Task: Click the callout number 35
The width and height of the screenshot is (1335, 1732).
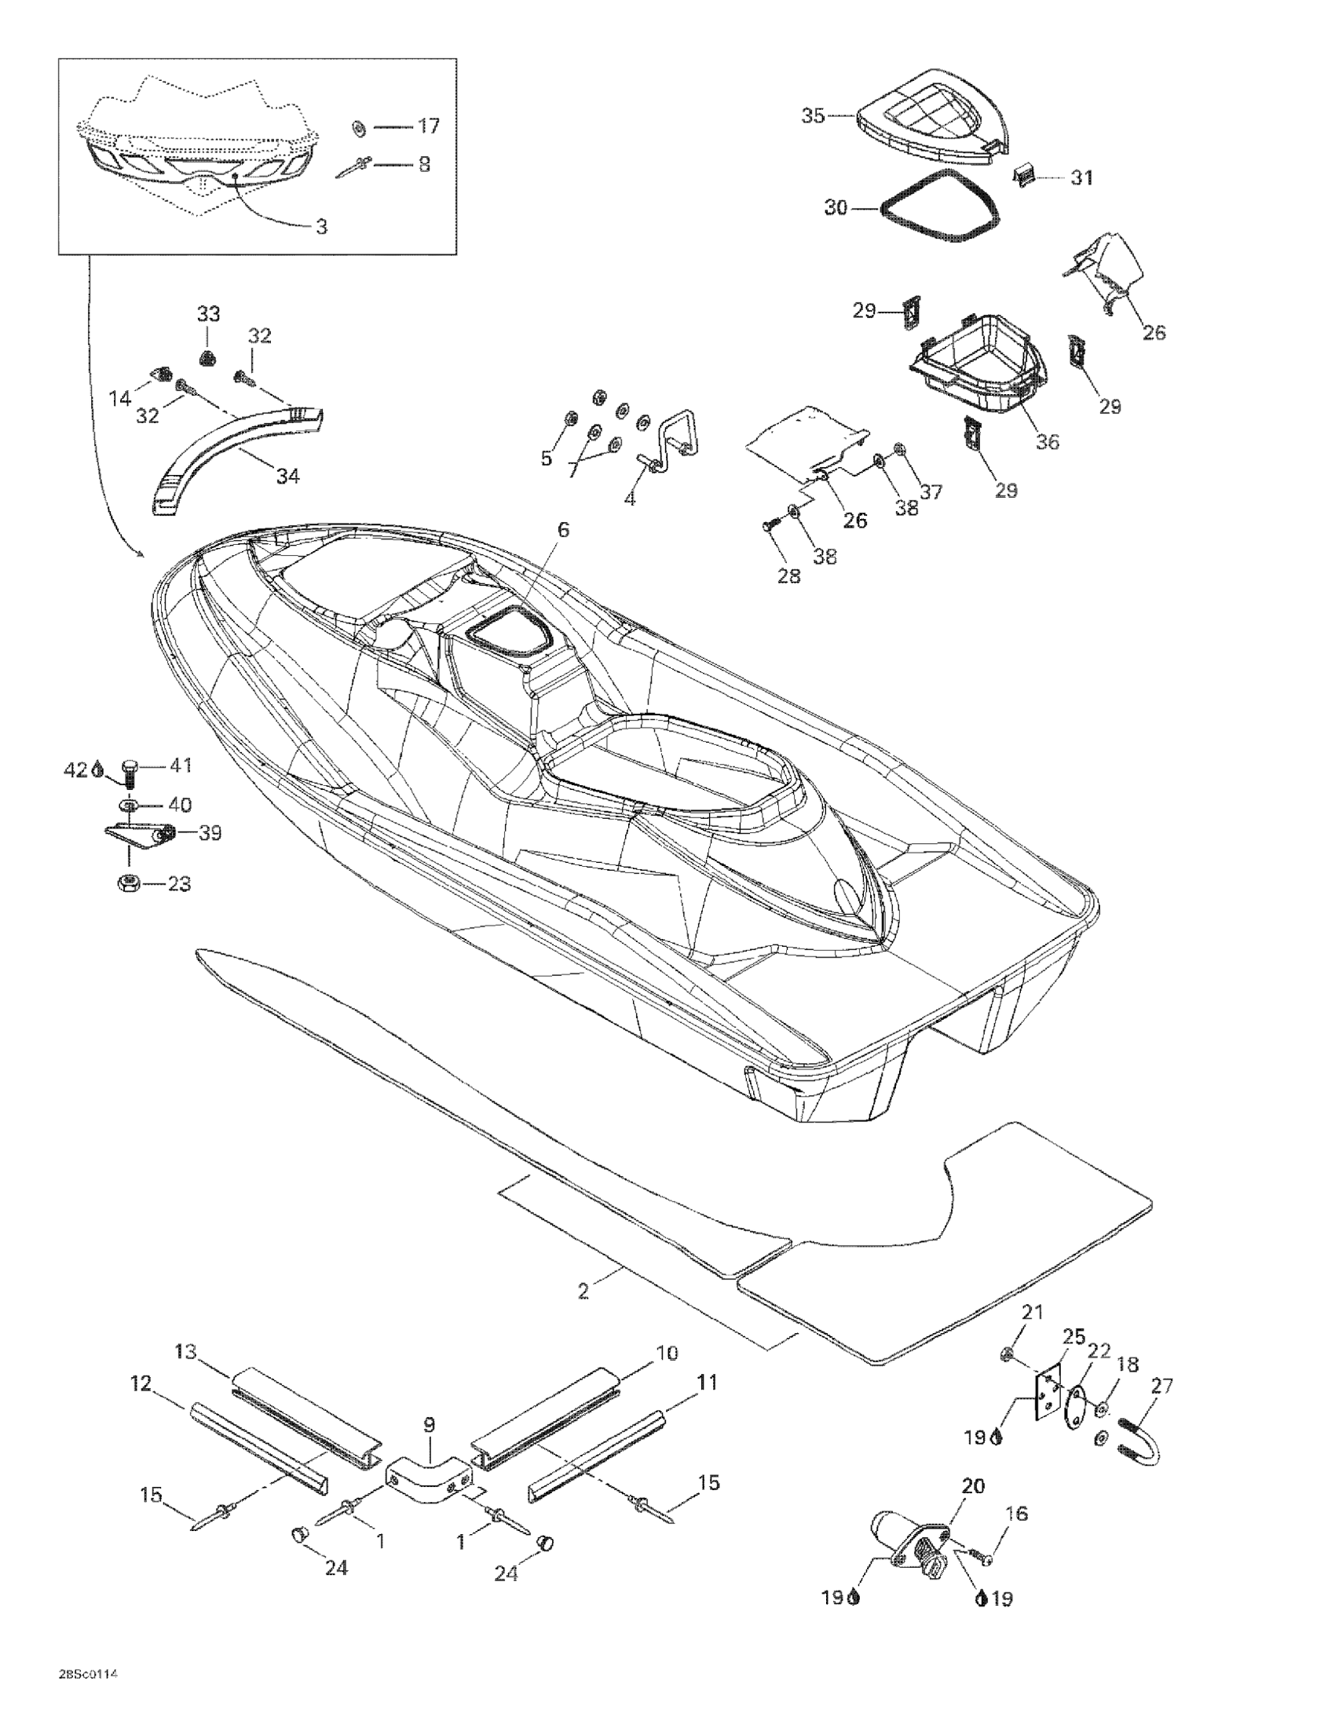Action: [x=813, y=115]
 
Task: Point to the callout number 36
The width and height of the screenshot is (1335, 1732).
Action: [x=1047, y=442]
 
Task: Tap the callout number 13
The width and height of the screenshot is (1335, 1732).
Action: [x=185, y=1351]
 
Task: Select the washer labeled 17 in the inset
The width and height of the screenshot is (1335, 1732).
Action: [x=359, y=127]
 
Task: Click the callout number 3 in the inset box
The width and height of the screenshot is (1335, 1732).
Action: [x=321, y=227]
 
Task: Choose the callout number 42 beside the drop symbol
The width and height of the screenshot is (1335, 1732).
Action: [x=74, y=769]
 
